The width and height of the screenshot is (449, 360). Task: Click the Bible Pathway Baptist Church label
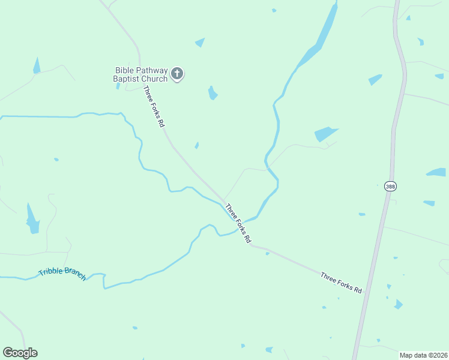(141, 74)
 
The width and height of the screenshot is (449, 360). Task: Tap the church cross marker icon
(177, 74)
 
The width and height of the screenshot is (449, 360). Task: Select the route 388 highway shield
(390, 187)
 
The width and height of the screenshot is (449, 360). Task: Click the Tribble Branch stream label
(62, 273)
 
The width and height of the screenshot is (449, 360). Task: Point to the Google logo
(20, 353)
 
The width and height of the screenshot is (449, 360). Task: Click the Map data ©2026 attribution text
(423, 355)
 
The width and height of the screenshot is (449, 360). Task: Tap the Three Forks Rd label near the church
(154, 106)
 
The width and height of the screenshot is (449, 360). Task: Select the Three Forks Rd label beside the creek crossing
(238, 223)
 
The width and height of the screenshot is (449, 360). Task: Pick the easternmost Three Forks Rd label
(341, 283)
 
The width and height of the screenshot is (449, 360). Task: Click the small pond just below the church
(212, 93)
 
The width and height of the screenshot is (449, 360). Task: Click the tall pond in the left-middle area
(32, 219)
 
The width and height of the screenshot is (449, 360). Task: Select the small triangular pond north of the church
(200, 43)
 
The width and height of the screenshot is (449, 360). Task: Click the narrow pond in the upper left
(37, 66)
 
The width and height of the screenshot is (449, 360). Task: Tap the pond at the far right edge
(436, 172)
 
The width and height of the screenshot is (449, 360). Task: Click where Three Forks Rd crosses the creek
(235, 218)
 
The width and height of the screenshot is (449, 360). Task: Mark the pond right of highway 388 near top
(420, 41)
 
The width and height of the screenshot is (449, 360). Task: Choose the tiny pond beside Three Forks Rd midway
(197, 145)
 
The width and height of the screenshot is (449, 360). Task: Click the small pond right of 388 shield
(429, 203)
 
